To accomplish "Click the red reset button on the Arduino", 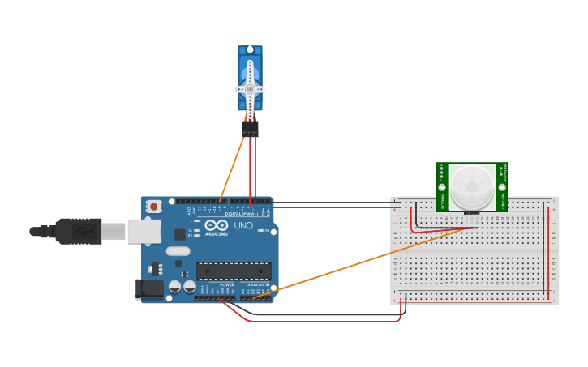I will [x=153, y=207].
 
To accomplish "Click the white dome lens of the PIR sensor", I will [x=472, y=186].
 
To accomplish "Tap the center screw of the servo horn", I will [x=250, y=88].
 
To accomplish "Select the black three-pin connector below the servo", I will [x=250, y=128].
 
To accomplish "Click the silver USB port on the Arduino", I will [x=144, y=232].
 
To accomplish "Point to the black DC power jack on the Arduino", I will [x=150, y=288].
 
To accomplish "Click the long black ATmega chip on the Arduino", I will [x=234, y=271].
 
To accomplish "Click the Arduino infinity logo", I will [x=217, y=224].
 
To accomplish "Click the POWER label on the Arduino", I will [x=226, y=284].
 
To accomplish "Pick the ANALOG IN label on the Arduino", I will [x=257, y=284].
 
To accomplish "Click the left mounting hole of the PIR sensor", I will [x=443, y=187].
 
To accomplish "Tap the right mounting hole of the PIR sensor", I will [x=501, y=187].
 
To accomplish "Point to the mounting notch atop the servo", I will [x=250, y=50].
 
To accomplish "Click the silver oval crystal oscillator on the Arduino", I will [x=178, y=251].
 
